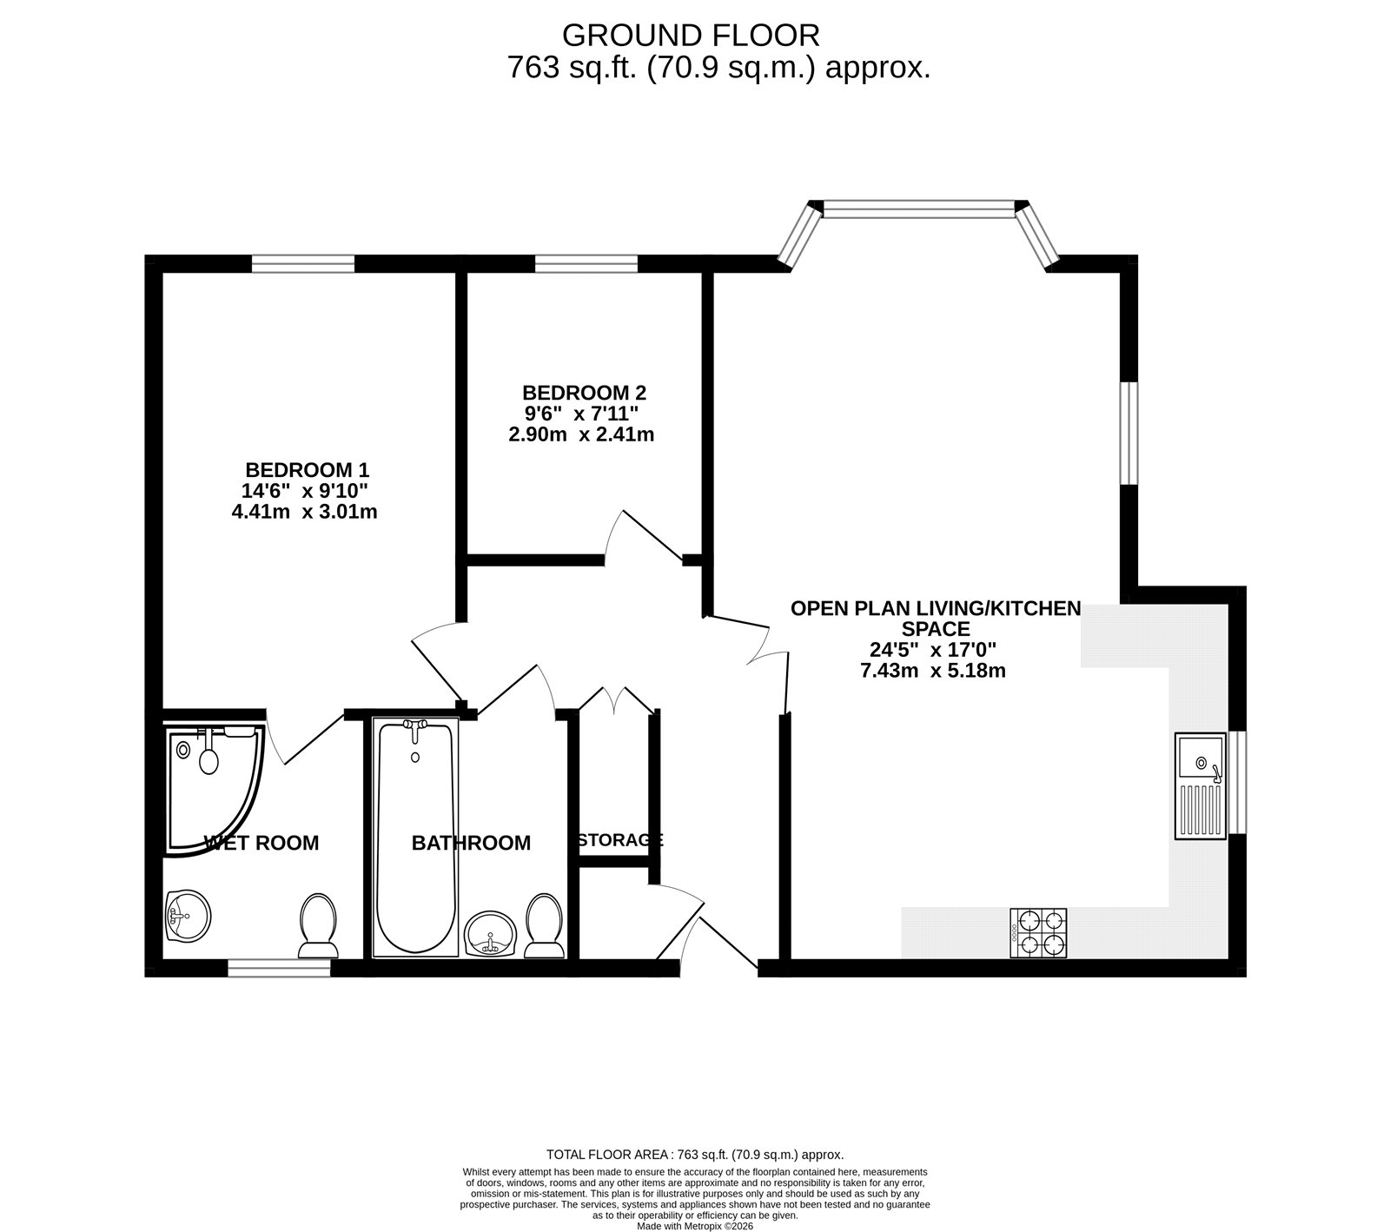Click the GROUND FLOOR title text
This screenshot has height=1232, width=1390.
691,35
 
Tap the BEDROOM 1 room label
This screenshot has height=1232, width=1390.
307,470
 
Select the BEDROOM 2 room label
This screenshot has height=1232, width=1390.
584,392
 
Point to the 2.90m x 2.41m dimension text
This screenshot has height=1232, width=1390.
581,434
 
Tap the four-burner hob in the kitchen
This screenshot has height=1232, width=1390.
1039,932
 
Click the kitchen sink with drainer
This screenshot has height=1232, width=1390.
1201,786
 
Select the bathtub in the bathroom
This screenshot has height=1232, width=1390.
415,838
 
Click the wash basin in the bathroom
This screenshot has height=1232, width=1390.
492,934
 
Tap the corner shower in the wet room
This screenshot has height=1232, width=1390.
214,787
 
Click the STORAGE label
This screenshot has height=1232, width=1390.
620,840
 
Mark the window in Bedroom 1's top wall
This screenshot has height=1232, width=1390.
303,263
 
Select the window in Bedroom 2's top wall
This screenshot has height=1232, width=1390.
586,263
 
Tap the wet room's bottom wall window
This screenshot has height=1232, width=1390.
280,968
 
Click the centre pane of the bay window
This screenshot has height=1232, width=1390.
919,209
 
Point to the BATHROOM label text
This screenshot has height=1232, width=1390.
471,843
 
